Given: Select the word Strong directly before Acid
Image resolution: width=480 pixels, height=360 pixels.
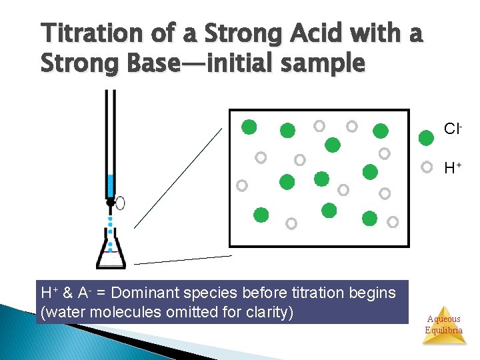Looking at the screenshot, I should tap(229, 33).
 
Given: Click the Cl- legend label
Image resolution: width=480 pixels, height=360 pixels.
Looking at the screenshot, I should tap(453, 128).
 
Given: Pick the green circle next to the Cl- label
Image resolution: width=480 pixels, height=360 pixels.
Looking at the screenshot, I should tap(425, 139).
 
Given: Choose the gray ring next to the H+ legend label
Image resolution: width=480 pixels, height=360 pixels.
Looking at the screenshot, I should tap(425, 167).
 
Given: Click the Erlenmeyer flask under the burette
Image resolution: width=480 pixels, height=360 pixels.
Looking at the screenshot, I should tap(111, 251).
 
